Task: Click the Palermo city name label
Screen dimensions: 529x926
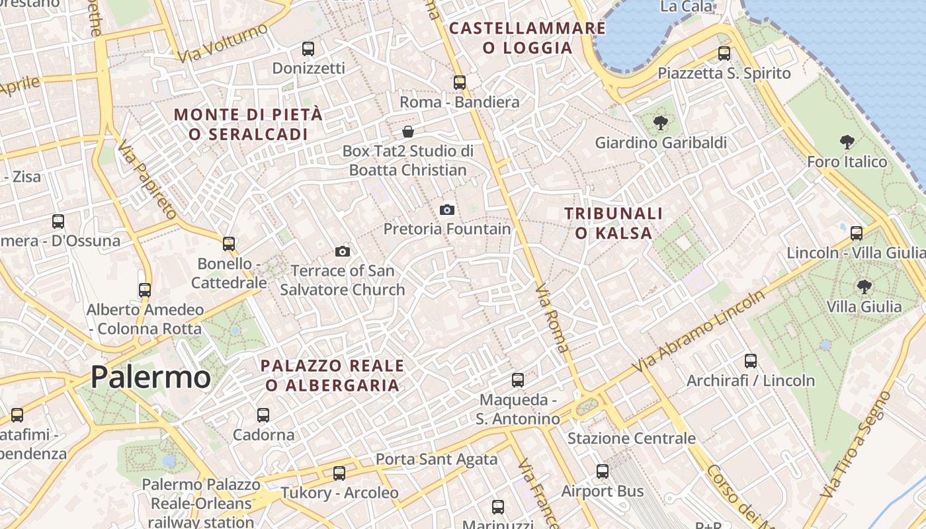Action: [150, 378]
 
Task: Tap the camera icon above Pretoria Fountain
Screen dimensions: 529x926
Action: [447, 210]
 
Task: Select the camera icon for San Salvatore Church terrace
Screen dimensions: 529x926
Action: [342, 251]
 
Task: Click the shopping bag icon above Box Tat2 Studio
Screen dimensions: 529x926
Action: [408, 132]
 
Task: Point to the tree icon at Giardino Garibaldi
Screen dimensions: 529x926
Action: [659, 123]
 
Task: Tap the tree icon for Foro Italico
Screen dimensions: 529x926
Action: [847, 142]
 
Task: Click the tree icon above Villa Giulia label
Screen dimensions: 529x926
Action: [864, 286]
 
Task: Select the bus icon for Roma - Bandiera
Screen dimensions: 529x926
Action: [459, 83]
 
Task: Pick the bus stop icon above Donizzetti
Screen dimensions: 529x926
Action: [308, 48]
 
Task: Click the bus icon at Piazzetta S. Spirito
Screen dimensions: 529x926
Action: [724, 54]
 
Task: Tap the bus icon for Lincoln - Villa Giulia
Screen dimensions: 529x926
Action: [857, 233]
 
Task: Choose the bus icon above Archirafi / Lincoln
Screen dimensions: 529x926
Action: [751, 360]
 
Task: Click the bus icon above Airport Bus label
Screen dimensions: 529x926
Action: [602, 471]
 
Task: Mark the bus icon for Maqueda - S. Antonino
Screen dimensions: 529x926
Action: [518, 380]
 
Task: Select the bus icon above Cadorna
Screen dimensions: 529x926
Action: [263, 415]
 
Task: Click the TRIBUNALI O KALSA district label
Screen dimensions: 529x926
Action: [613, 223]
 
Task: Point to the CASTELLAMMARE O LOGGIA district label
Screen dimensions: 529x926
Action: [527, 38]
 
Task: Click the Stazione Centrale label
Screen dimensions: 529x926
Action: [631, 438]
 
